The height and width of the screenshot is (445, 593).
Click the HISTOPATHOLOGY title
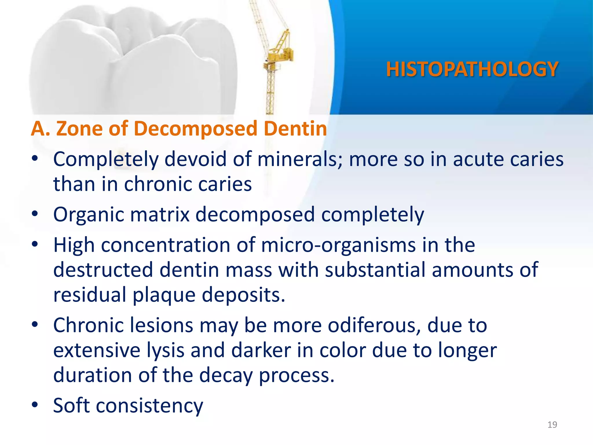(x=472, y=69)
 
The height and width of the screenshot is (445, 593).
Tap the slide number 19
(x=552, y=425)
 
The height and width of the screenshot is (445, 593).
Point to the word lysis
(x=165, y=350)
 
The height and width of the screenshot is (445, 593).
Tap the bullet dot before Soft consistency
(x=35, y=405)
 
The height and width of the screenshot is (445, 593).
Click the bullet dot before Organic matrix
(x=35, y=214)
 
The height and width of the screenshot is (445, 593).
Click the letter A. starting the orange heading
(x=40, y=128)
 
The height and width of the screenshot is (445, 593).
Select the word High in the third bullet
(x=74, y=245)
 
